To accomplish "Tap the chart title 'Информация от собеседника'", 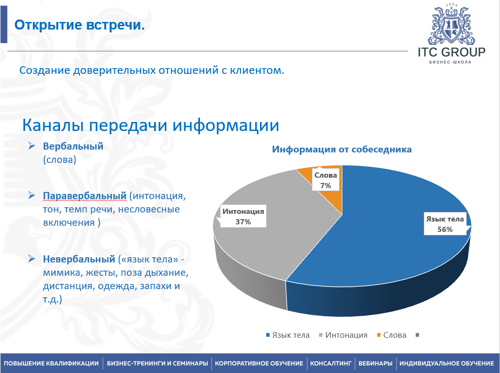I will (x=341, y=149).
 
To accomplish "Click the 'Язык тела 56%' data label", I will (x=445, y=224).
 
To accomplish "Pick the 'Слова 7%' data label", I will (x=326, y=181).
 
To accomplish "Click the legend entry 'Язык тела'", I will (x=290, y=335).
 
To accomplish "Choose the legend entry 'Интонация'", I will (x=346, y=335).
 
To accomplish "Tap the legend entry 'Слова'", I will (x=394, y=335).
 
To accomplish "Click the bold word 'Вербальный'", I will (x=73, y=146).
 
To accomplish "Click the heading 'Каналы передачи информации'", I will (x=150, y=125).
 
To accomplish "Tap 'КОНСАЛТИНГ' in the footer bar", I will (x=330, y=363).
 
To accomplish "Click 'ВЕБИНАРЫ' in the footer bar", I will (x=375, y=363).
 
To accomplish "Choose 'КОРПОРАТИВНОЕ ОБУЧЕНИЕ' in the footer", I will (x=260, y=363).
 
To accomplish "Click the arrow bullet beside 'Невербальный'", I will (x=31, y=259).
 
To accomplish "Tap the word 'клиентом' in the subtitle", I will (x=261, y=71).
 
